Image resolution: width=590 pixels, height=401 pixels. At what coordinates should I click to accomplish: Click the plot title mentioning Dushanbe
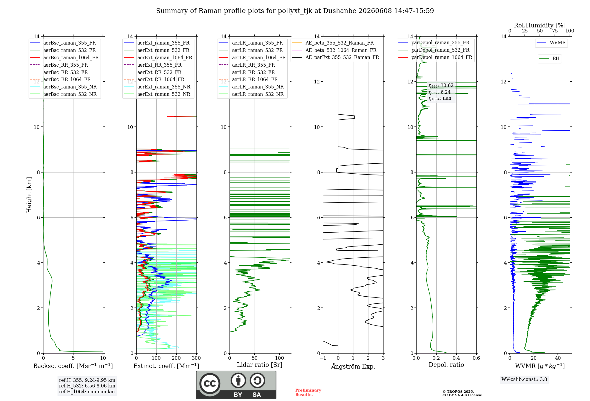(295, 11)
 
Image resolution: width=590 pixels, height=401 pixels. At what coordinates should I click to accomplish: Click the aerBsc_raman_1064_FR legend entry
(64, 57)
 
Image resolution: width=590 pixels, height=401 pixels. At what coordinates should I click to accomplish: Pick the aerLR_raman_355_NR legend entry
(251, 87)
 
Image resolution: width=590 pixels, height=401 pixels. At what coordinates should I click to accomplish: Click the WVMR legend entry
(551, 43)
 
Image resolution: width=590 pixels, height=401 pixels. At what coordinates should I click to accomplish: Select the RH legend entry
(549, 59)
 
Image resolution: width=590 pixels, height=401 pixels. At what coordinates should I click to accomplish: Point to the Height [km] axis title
(29, 195)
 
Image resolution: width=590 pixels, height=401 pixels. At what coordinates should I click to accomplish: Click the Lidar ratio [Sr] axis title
(260, 365)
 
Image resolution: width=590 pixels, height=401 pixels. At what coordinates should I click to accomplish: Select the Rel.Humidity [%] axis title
(540, 25)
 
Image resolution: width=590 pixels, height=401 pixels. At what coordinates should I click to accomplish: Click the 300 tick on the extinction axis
(196, 358)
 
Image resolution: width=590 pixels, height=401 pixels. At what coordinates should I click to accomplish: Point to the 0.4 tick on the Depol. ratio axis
(456, 358)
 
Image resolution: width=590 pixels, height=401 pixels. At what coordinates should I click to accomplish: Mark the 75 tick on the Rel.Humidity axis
(555, 31)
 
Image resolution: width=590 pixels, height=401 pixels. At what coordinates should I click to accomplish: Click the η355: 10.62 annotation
(441, 86)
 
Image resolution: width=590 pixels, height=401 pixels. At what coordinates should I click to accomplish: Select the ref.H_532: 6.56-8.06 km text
(87, 386)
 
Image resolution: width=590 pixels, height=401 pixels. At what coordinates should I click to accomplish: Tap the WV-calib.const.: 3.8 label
(524, 379)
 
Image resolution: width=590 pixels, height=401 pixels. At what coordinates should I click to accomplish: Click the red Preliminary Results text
(308, 392)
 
